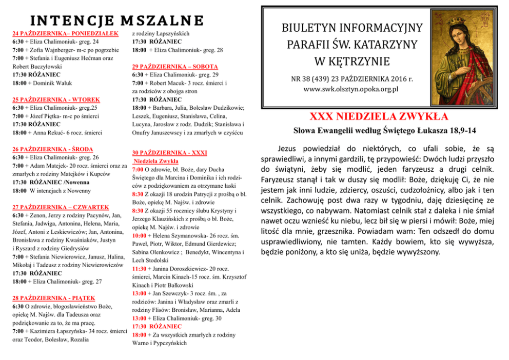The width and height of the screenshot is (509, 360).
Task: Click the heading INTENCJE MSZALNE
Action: (x=116, y=20)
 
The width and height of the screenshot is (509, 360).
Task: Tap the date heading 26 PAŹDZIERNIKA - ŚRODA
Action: (x=52, y=149)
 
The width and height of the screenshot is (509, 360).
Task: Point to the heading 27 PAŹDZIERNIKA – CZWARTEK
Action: (x=60, y=207)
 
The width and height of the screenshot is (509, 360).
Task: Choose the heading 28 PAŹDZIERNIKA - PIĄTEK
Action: (x=53, y=298)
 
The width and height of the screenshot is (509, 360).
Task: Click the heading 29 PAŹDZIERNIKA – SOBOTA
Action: (x=175, y=67)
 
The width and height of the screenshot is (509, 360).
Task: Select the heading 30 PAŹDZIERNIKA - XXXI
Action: (x=169, y=153)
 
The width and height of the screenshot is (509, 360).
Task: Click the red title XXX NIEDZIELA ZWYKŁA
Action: (x=379, y=116)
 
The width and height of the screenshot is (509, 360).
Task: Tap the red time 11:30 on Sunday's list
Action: (x=139, y=268)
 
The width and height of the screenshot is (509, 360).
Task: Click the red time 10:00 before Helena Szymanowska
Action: (x=140, y=235)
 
